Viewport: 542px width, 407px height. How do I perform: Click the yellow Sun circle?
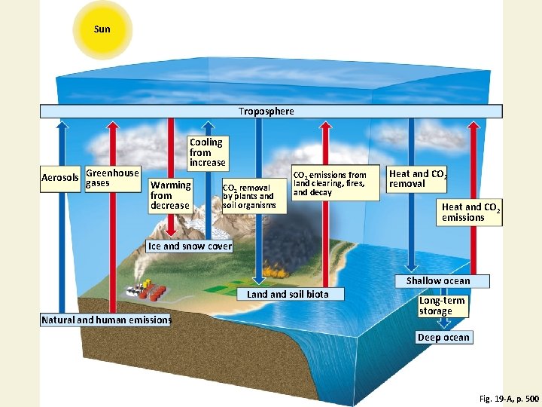point(102,30)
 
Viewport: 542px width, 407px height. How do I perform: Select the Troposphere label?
point(266,112)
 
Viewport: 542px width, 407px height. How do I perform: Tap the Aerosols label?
point(59,178)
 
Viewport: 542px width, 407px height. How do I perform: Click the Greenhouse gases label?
point(111,178)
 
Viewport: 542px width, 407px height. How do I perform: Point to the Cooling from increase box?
point(207,152)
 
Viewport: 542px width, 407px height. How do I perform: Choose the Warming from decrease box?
point(171,194)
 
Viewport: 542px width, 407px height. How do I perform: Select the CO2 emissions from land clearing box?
point(335,184)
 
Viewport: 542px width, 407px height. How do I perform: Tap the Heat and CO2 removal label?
point(417,179)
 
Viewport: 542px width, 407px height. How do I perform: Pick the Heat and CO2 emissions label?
point(470,212)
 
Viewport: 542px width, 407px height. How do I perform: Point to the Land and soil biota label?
point(288,294)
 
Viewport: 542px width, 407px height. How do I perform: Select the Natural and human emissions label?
point(106,320)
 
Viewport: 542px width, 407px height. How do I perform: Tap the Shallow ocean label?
point(438,281)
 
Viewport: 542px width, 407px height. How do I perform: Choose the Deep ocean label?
point(444,337)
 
